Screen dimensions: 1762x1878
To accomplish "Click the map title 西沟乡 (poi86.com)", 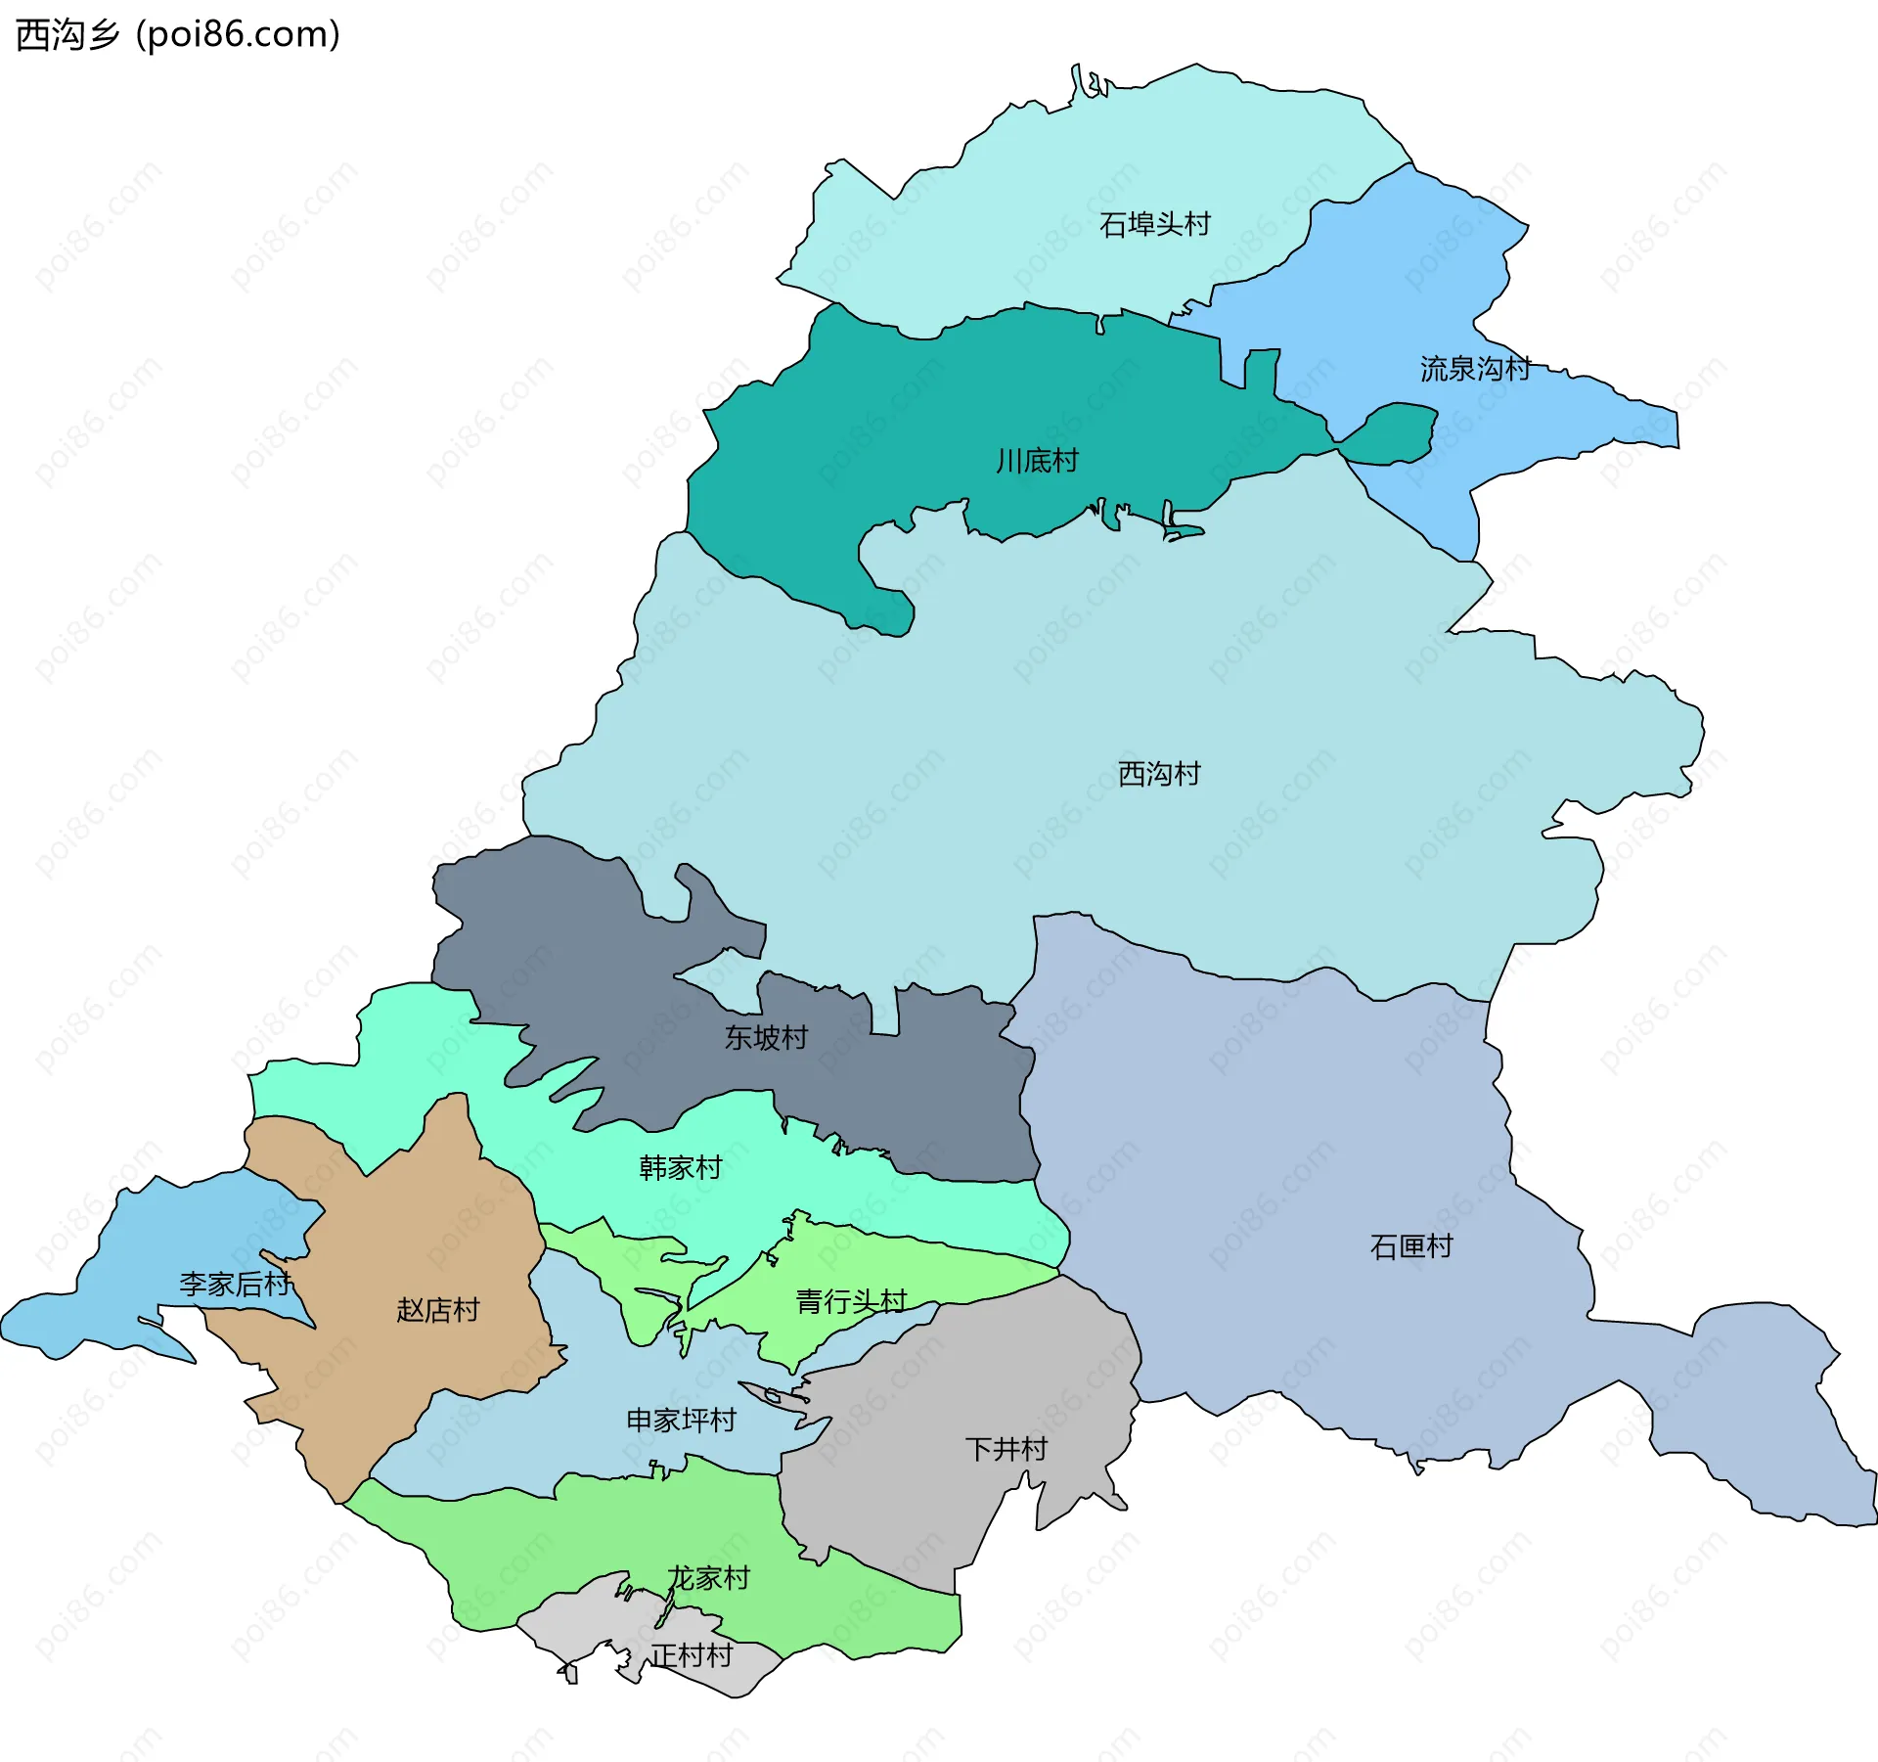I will (178, 34).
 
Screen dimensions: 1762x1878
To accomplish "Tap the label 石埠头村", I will (1154, 224).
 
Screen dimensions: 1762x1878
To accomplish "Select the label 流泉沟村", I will (1474, 369).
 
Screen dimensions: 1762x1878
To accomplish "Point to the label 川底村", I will (1037, 460).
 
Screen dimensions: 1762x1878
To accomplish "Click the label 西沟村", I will (1158, 774).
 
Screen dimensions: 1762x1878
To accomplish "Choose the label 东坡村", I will (766, 1037).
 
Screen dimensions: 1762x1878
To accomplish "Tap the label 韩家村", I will (680, 1167).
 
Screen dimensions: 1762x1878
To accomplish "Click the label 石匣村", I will (1410, 1246).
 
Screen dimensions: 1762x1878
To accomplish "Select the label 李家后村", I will (235, 1284).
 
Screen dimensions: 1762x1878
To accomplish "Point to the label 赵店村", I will (437, 1309).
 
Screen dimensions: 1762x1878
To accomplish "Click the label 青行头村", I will (851, 1301).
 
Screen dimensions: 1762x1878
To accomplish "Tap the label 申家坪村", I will (681, 1420).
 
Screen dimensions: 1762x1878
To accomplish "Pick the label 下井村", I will (1006, 1449).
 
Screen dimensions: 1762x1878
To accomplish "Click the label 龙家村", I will (708, 1578).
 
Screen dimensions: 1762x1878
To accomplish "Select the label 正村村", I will (692, 1655).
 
